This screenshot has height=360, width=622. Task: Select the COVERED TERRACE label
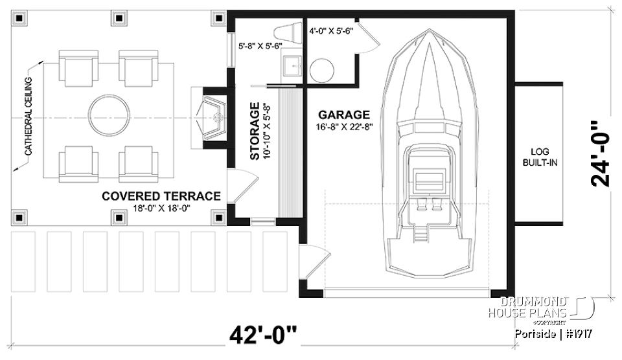point(161,196)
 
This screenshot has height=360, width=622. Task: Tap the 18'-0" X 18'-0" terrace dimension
point(161,209)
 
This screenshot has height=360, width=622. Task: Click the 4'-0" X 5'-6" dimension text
point(330,30)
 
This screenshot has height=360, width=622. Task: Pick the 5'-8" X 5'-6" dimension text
point(258,47)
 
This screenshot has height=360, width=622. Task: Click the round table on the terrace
point(108,114)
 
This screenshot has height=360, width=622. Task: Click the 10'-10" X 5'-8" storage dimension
point(267,131)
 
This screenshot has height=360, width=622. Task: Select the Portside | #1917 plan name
point(554,335)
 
